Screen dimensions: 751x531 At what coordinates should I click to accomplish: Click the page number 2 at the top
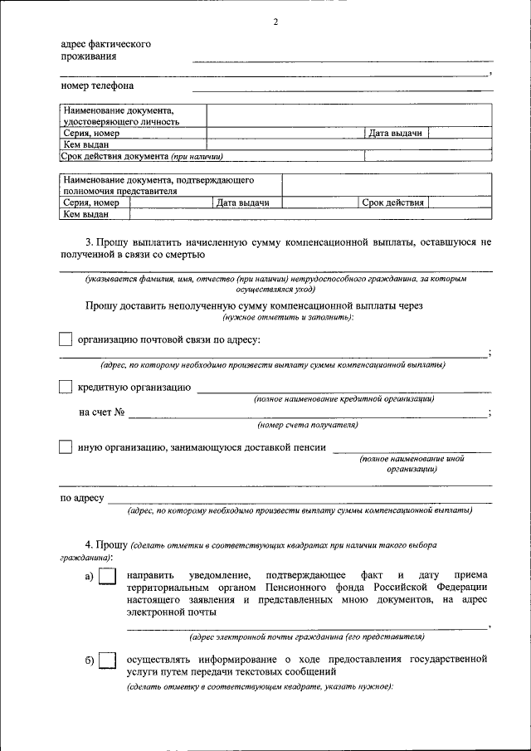(275, 22)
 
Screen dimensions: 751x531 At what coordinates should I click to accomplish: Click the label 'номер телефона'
(97, 85)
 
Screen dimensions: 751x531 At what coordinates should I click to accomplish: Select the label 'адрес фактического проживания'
(105, 50)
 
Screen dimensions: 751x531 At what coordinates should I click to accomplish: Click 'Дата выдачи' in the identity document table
(396, 133)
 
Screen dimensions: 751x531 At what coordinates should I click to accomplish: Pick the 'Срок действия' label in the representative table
(393, 202)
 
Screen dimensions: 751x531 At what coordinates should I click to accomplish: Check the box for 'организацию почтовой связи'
(66, 339)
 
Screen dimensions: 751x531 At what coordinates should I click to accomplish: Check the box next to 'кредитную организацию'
(66, 388)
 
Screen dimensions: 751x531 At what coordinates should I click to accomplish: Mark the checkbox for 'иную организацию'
(66, 447)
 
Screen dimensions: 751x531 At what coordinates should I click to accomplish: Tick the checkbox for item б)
(107, 661)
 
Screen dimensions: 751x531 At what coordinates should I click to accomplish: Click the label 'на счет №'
(102, 412)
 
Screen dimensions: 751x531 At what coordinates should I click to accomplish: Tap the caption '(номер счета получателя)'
(308, 425)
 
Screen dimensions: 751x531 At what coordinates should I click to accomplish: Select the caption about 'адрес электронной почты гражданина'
(307, 637)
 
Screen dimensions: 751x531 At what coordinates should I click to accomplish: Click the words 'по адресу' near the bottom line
(81, 499)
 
